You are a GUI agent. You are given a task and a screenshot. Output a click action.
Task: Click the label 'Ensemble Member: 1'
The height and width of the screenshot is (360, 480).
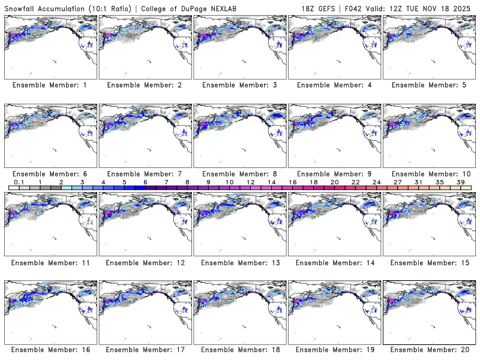click(x=49, y=85)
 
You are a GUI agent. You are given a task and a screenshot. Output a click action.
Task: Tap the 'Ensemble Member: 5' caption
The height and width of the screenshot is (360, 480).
click(x=427, y=85)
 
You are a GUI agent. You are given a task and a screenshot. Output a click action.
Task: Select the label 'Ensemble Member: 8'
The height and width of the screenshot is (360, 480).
click(x=238, y=174)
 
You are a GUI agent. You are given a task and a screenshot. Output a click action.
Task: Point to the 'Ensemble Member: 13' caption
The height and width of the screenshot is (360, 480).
click(x=238, y=263)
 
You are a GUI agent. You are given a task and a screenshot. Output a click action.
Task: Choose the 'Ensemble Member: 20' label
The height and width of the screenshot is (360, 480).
click(x=427, y=350)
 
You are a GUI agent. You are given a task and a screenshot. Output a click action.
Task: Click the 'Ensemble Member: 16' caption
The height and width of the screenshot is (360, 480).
click(x=49, y=350)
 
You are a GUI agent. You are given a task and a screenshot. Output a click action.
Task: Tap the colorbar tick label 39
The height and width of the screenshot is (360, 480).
click(x=461, y=182)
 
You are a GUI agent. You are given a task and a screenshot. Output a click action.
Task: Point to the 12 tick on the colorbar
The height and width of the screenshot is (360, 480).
click(x=250, y=182)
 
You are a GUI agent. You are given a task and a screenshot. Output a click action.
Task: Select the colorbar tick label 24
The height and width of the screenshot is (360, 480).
click(x=377, y=182)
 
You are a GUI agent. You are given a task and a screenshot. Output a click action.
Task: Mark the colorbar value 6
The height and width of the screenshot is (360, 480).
click(x=145, y=182)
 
